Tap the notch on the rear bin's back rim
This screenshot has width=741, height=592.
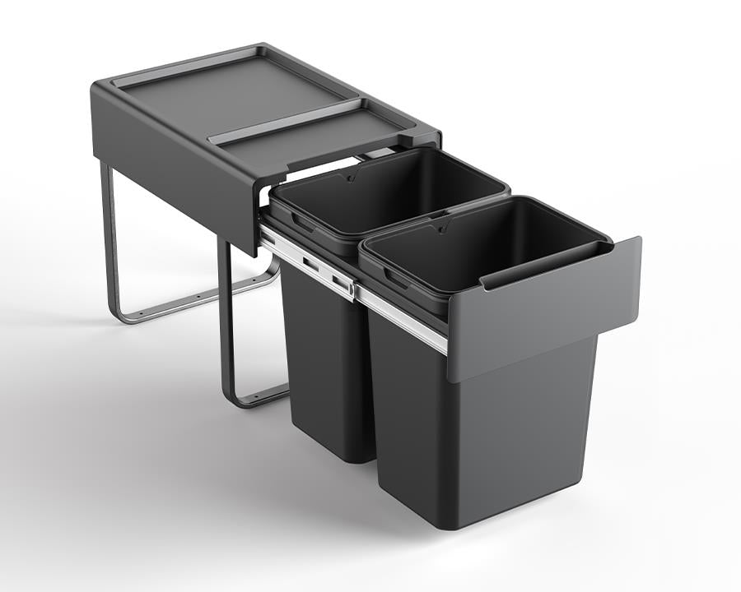pyautogui.click(x=350, y=177)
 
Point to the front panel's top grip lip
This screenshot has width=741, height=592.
pyautogui.click(x=560, y=263)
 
